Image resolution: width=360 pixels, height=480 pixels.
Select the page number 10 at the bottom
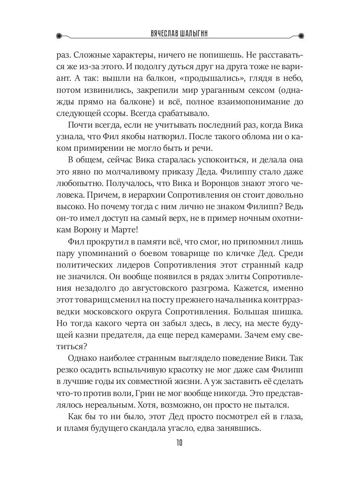(x=179, y=443)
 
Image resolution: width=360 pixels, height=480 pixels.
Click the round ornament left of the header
(x=60, y=35)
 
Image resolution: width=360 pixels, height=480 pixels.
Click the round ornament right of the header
(x=300, y=35)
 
